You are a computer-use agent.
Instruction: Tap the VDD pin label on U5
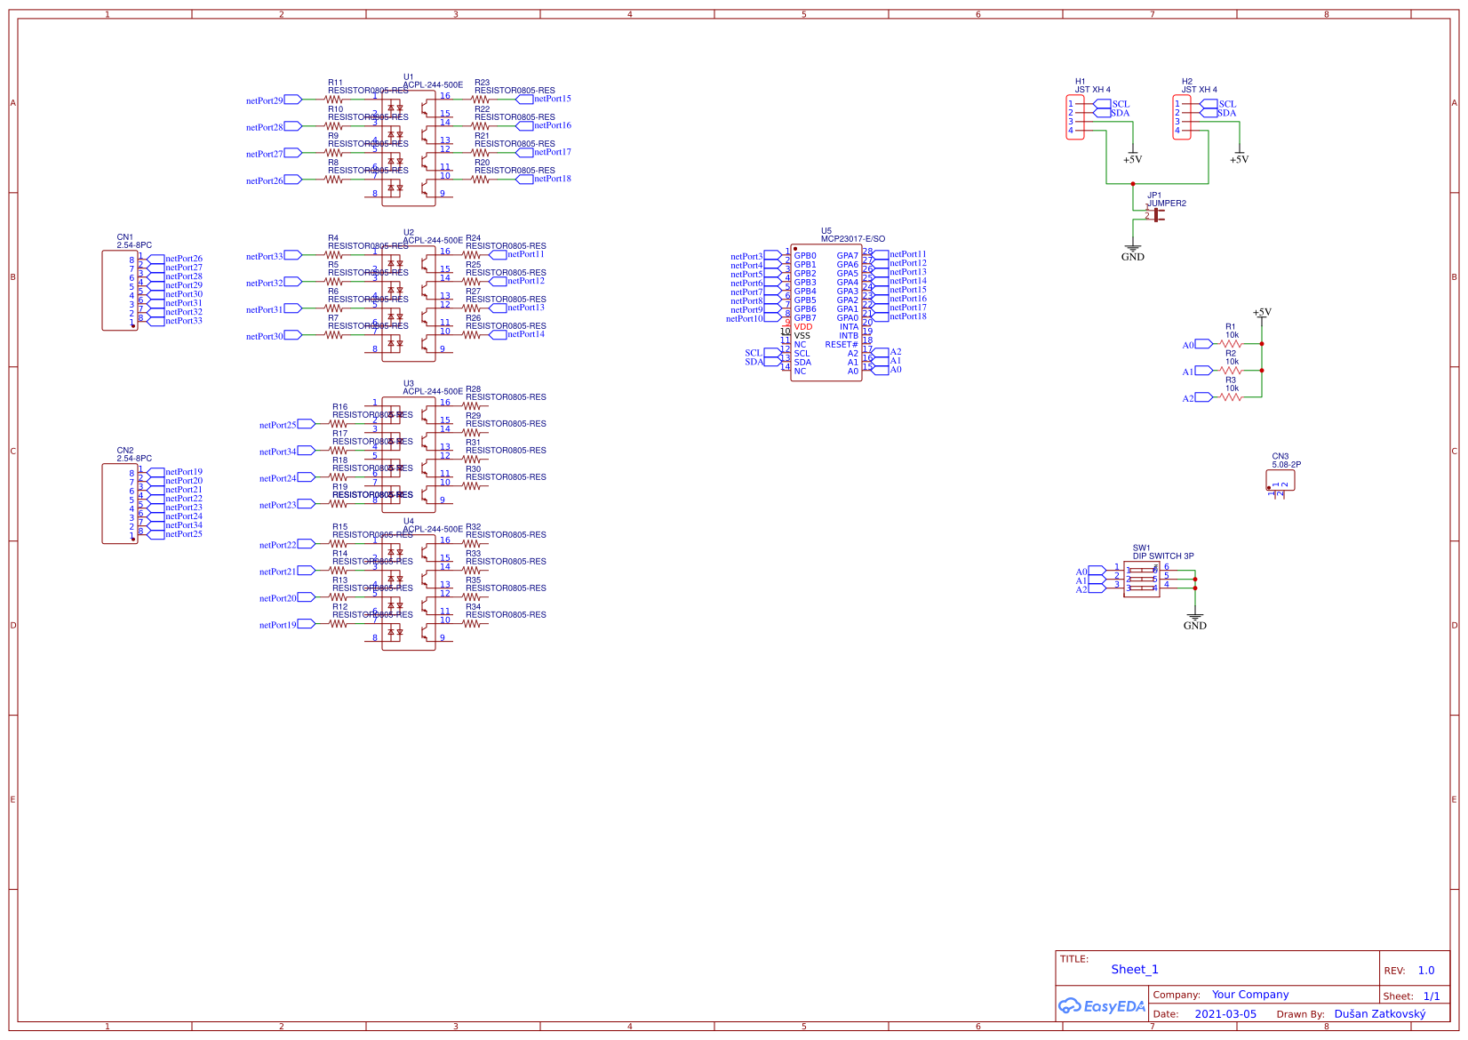pos(803,327)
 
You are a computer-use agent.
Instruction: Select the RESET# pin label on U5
pos(842,345)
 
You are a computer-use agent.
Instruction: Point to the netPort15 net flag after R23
pos(524,100)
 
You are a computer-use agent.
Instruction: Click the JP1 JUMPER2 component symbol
pos(1156,214)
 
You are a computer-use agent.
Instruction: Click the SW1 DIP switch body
pos(1142,580)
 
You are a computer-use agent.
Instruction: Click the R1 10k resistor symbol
pos(1231,344)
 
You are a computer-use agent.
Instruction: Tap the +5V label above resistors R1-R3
pos(1262,313)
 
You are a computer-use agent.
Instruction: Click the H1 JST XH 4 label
pos(1092,90)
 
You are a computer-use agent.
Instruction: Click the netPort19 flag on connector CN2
pos(156,472)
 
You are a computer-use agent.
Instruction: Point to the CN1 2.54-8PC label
pos(134,245)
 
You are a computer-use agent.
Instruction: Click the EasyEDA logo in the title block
pos(1101,1006)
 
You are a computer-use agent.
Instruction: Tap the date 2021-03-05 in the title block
pos(1225,1014)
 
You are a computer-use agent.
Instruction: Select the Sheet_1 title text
pos(1135,970)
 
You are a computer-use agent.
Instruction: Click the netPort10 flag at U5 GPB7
pos(772,319)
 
